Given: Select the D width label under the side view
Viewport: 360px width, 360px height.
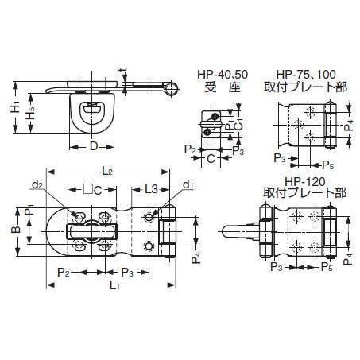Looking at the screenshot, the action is click(94, 146).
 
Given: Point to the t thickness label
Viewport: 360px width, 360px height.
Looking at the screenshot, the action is click(123, 71).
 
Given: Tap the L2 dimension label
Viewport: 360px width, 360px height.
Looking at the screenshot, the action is click(107, 172).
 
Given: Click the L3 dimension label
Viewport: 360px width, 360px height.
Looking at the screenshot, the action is click(151, 189).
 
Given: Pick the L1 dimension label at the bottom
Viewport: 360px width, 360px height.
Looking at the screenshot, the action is click(114, 286).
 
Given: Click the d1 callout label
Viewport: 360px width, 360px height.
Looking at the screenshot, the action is click(188, 184).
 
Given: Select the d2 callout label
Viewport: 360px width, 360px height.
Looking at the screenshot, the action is click(37, 184).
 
